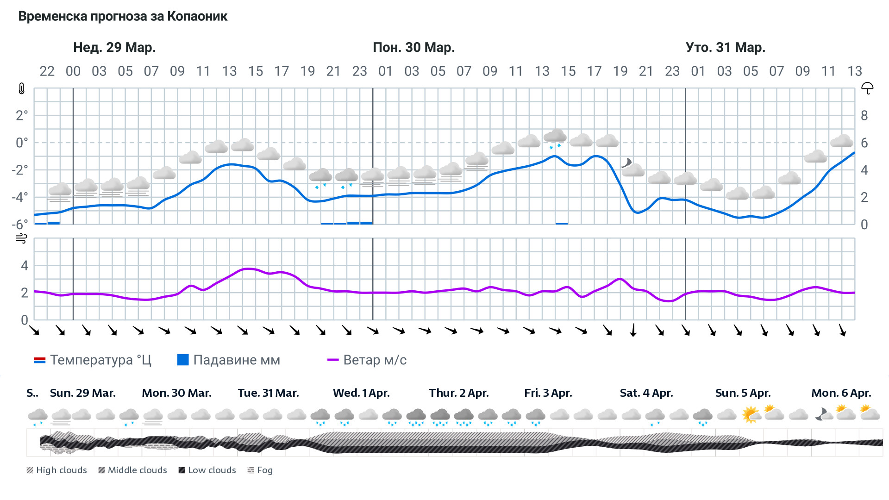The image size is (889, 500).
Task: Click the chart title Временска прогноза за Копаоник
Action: (x=123, y=16)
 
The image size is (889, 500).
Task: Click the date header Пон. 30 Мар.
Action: (x=413, y=47)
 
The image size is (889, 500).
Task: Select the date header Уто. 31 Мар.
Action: (x=725, y=47)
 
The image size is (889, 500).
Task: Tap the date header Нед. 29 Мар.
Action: (x=114, y=47)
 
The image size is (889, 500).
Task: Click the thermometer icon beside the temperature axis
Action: (x=21, y=88)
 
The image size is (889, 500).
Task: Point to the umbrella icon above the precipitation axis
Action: (x=867, y=88)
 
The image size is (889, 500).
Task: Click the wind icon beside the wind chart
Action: (x=21, y=238)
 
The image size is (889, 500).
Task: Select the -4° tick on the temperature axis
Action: (x=20, y=197)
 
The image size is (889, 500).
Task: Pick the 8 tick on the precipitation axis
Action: (x=864, y=116)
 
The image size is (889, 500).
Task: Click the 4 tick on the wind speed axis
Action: (x=25, y=265)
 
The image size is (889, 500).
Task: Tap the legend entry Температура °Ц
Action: (x=93, y=360)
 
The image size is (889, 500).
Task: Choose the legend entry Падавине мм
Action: (x=229, y=360)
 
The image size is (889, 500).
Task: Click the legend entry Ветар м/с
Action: (x=367, y=360)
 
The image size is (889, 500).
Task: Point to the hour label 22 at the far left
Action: (x=47, y=71)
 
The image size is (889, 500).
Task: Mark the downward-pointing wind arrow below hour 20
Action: (x=633, y=330)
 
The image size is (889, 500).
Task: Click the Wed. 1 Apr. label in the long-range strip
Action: (x=361, y=393)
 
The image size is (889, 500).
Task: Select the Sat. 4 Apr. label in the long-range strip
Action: (x=646, y=393)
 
